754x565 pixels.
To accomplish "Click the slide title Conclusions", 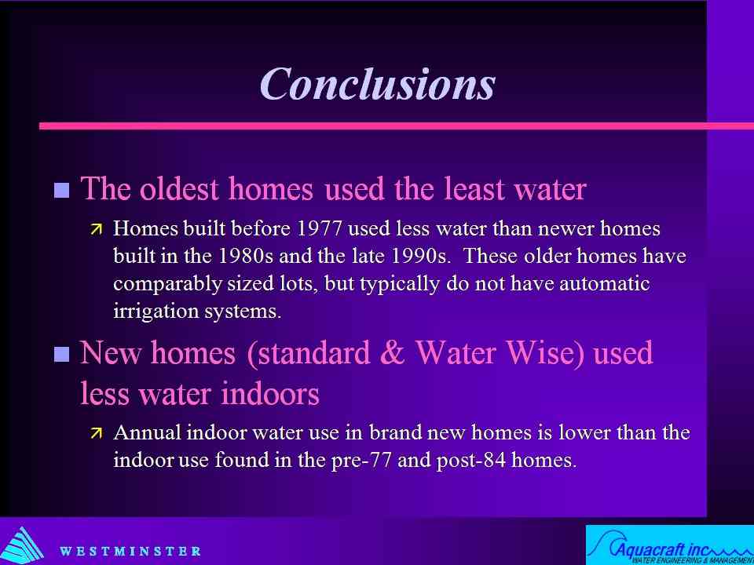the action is coord(378,83).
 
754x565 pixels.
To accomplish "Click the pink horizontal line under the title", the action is coord(396,126).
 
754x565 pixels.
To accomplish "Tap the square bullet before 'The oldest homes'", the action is coord(61,190).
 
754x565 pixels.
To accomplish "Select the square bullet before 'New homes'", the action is coord(61,355).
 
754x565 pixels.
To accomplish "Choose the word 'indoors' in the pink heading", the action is coord(269,394).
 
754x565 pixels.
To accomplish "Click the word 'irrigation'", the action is coord(156,312).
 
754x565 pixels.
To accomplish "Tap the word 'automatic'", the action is coord(604,283).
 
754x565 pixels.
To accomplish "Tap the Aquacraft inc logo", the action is coord(670,545).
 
